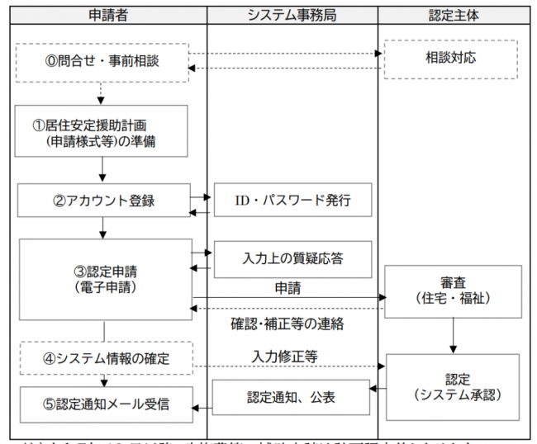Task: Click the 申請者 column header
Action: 103,14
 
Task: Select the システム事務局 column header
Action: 292,14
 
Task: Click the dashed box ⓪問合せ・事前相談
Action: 102,62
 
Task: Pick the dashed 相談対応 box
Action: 451,59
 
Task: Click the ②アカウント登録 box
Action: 102,201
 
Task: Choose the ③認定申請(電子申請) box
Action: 102,278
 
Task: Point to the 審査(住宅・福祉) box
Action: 452,290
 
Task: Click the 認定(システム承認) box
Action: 452,386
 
